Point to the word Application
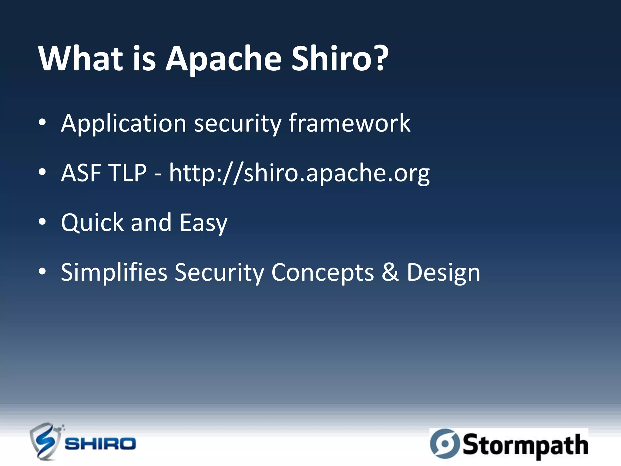pyautogui.click(x=123, y=123)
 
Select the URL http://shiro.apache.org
pyautogui.click(x=299, y=173)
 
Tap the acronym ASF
pyautogui.click(x=81, y=173)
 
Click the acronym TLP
pyautogui.click(x=128, y=173)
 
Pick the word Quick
pyautogui.click(x=92, y=222)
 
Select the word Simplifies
pyautogui.click(x=114, y=272)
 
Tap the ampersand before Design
pyautogui.click(x=390, y=272)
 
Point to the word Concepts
pyautogui.click(x=322, y=272)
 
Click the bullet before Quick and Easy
pyautogui.click(x=42, y=222)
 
